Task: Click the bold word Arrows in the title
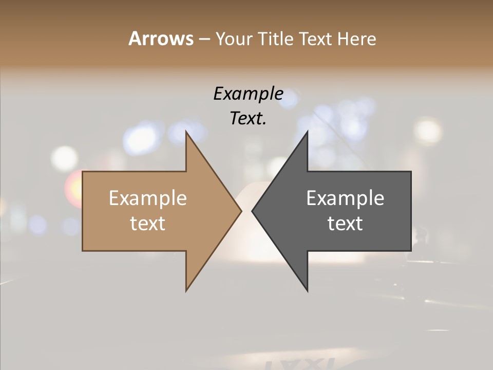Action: coord(161,39)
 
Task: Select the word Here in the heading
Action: coord(357,39)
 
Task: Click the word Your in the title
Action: coord(234,39)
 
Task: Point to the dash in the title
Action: coord(204,40)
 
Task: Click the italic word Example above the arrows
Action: coord(248,94)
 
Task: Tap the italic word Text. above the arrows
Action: coord(248,118)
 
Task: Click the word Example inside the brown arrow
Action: coord(148,198)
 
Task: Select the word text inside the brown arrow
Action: coord(148,224)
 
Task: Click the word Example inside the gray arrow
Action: coord(345,198)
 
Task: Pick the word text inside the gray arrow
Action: coord(345,224)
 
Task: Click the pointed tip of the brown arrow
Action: coord(240,211)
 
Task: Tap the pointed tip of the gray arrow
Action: coord(253,211)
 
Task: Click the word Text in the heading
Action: coord(316,39)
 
